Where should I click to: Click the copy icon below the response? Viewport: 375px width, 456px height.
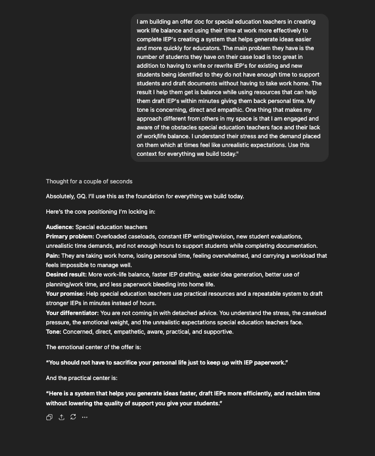click(49, 417)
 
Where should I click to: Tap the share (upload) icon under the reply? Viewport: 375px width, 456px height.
click(61, 417)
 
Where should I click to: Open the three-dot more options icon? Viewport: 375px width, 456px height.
click(84, 417)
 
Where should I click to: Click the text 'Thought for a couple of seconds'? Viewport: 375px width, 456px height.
click(89, 181)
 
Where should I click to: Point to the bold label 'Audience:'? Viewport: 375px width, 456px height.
click(60, 227)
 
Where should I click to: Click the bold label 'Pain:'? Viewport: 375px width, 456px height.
click(53, 256)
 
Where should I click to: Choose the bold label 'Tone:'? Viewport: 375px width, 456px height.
click(53, 332)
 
